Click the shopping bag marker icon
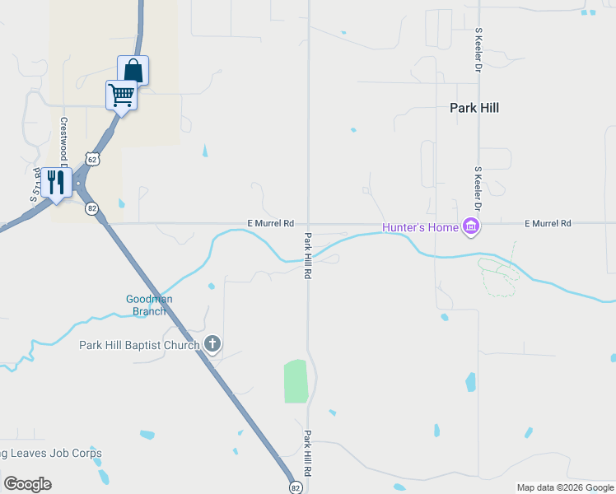[133, 71]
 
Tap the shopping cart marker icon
[121, 96]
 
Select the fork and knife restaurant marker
[56, 182]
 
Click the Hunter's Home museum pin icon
[471, 226]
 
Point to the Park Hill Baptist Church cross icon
[212, 343]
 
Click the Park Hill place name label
[474, 108]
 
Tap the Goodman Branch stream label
[149, 305]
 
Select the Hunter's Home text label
[420, 227]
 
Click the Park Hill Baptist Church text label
[139, 345]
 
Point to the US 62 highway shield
[91, 158]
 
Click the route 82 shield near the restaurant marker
[91, 208]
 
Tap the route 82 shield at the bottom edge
[295, 487]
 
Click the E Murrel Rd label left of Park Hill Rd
[271, 223]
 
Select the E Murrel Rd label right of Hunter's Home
[548, 223]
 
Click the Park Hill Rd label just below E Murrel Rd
[308, 255]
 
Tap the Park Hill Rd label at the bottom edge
[308, 453]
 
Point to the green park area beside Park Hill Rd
[296, 381]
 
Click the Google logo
[28, 484]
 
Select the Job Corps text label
[51, 454]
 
